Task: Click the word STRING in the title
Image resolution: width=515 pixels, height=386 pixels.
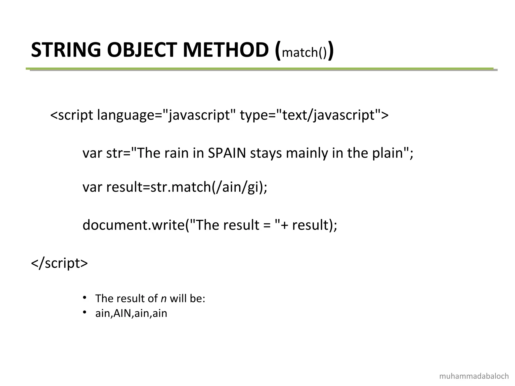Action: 66,50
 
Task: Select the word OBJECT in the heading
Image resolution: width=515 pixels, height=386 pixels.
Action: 143,50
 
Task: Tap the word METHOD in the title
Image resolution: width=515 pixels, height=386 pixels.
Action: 226,50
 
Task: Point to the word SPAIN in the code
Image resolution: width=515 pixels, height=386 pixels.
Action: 227,153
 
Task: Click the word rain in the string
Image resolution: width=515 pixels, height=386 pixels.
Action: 177,153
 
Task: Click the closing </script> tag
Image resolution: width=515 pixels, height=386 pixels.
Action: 59,263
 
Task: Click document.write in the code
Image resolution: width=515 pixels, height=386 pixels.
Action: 134,225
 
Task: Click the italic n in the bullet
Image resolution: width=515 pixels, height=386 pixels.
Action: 163,299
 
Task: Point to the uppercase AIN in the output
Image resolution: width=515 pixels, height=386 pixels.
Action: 122,313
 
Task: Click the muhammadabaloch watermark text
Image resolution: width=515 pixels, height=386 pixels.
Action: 474,376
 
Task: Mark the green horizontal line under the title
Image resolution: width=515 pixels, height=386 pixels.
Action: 259,69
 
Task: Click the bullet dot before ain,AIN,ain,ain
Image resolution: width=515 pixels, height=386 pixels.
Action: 85,312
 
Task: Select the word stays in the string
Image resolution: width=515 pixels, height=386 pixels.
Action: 266,153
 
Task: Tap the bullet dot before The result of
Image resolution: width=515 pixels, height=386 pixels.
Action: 85,298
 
